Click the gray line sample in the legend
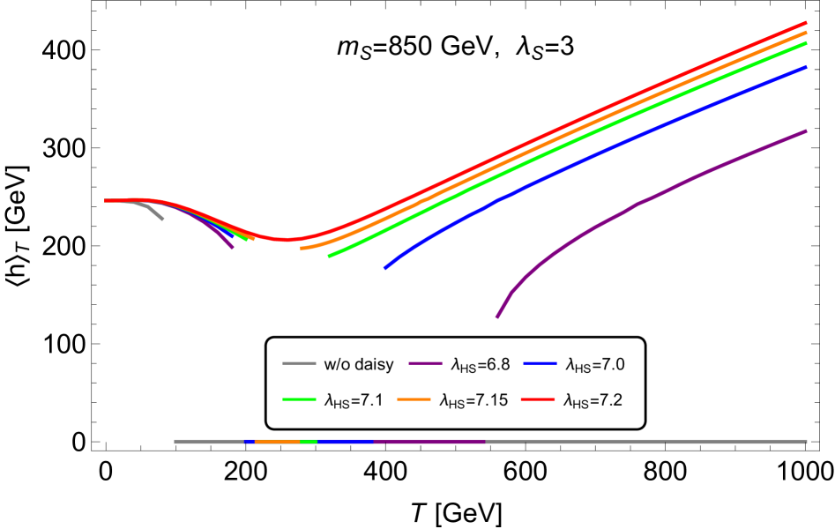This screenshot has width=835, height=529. point(299,363)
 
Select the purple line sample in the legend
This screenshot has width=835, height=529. point(425,363)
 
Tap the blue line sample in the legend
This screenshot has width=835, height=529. point(540,363)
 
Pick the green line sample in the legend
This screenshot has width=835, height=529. point(299,399)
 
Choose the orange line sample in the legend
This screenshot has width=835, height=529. point(414,399)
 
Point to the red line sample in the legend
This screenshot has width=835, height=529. point(538,399)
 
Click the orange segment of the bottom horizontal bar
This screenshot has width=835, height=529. point(277,441)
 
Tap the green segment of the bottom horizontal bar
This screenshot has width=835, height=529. point(308,441)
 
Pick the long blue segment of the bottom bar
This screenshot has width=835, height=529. point(345,441)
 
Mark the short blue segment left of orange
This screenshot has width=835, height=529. point(250,441)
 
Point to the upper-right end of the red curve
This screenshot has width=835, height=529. point(806,22)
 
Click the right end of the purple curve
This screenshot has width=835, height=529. point(806,130)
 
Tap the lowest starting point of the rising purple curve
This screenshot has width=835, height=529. point(497,317)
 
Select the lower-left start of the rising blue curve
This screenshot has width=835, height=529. point(385,267)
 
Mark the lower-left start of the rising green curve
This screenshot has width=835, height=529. point(330,256)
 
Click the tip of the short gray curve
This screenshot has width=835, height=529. point(162,219)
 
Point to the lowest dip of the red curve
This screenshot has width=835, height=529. point(285,239)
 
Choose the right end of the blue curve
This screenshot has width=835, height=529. point(806,66)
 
